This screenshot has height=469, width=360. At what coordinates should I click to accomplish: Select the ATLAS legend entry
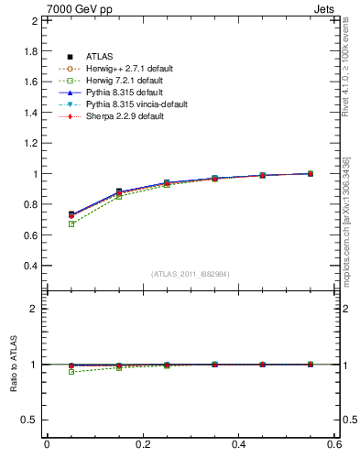[101, 57]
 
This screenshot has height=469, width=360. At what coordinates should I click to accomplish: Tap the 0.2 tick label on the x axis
[142, 444]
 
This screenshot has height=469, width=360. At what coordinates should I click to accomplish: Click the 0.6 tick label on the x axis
[334, 444]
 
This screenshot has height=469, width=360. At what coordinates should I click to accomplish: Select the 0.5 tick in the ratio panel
[30, 420]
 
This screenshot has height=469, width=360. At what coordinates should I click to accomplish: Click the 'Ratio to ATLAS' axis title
[14, 365]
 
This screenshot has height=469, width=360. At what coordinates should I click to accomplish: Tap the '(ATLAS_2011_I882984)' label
[191, 274]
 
